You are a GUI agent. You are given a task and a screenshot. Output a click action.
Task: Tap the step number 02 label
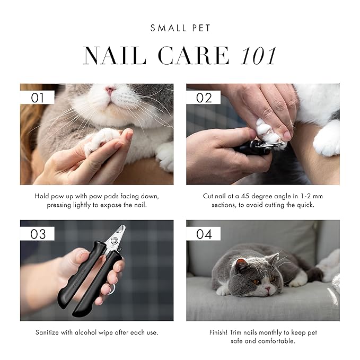coord(204,98)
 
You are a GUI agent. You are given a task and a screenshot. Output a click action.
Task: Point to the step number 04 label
coord(204,234)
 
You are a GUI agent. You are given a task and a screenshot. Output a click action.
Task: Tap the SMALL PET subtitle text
coord(180,28)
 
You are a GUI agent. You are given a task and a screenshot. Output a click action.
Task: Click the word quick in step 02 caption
coord(304,205)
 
